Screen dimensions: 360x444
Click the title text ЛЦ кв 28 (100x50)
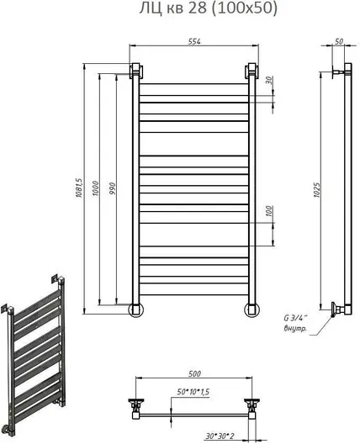(208, 8)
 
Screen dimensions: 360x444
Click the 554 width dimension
(194, 41)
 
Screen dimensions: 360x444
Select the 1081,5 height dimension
(78, 188)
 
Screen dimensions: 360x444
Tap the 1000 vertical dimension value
(95, 188)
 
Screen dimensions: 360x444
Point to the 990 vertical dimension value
(113, 189)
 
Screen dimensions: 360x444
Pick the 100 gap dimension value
(269, 211)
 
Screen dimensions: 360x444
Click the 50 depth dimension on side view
(339, 41)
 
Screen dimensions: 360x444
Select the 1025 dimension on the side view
(316, 190)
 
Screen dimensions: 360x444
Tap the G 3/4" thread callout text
(295, 318)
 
